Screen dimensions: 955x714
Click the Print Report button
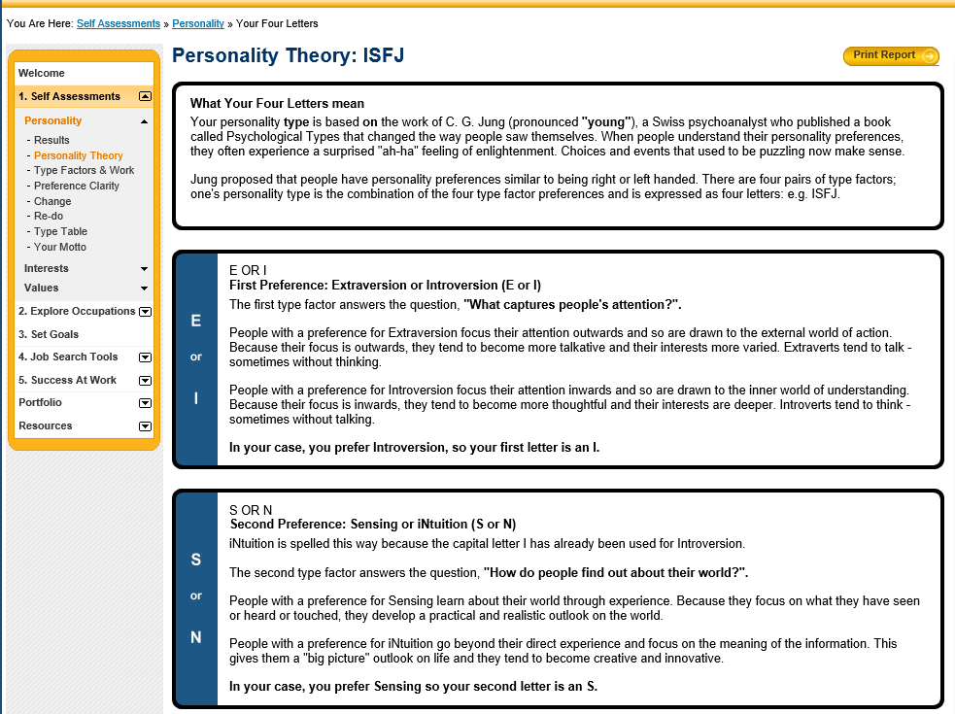click(x=891, y=55)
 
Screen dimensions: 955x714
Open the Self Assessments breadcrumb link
click(x=119, y=23)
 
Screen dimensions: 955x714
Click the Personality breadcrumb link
click(x=198, y=23)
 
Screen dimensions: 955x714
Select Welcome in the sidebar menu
click(x=42, y=73)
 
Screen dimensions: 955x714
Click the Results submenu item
click(x=51, y=140)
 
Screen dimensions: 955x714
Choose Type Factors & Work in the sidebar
click(x=85, y=171)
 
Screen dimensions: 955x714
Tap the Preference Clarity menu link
click(x=77, y=186)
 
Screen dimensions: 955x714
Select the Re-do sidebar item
click(x=49, y=217)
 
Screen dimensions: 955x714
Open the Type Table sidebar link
click(x=60, y=231)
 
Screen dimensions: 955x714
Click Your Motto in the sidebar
click(x=60, y=247)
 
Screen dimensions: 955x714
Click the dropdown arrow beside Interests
click(x=145, y=269)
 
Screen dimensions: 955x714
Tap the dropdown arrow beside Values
click(x=145, y=289)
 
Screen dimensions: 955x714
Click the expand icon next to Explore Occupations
click(x=145, y=311)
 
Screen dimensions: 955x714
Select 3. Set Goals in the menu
click(x=49, y=334)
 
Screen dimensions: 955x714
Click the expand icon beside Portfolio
click(x=145, y=403)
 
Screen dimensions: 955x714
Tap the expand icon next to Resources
click(x=145, y=425)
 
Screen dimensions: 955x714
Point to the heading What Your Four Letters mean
click(x=277, y=104)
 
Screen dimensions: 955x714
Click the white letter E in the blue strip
click(x=195, y=321)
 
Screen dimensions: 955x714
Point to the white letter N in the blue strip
click(x=195, y=637)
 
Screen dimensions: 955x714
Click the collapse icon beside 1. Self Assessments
click(x=145, y=96)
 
